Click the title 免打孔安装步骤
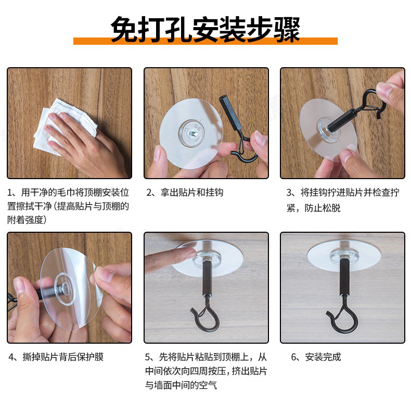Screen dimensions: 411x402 click(205, 29)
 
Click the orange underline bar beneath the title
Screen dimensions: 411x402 click(205, 41)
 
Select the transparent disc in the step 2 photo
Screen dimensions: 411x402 click(191, 133)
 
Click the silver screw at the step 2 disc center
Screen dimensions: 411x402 click(194, 133)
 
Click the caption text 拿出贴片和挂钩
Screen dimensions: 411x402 click(192, 192)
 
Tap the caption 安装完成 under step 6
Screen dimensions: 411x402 click(323, 357)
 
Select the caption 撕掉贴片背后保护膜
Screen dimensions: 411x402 click(63, 357)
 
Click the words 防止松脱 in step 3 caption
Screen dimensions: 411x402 click(323, 208)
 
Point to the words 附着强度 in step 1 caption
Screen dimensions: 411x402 click(25, 220)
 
